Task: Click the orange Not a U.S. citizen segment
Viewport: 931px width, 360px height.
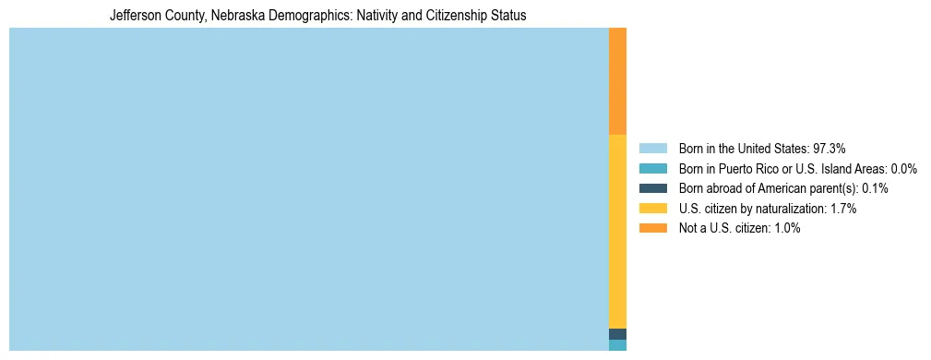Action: pyautogui.click(x=617, y=81)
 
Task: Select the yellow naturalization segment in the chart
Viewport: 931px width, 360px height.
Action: pyautogui.click(x=617, y=231)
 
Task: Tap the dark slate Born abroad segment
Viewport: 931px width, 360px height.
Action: pyautogui.click(x=617, y=334)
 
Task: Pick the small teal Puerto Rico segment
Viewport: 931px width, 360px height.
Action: pyautogui.click(x=617, y=345)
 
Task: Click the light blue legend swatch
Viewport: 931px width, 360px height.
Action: pyautogui.click(x=652, y=148)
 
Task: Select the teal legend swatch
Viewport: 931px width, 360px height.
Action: pyautogui.click(x=652, y=168)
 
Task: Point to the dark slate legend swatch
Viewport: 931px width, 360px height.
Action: pyautogui.click(x=652, y=188)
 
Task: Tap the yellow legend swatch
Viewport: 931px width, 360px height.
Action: pyautogui.click(x=652, y=209)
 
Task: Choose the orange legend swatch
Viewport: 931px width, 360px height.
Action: pyautogui.click(x=652, y=229)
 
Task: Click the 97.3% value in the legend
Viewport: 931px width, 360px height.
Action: pyautogui.click(x=830, y=148)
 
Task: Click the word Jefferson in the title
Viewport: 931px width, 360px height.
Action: pyautogui.click(x=136, y=16)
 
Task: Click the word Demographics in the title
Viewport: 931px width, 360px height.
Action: pyautogui.click(x=305, y=16)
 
